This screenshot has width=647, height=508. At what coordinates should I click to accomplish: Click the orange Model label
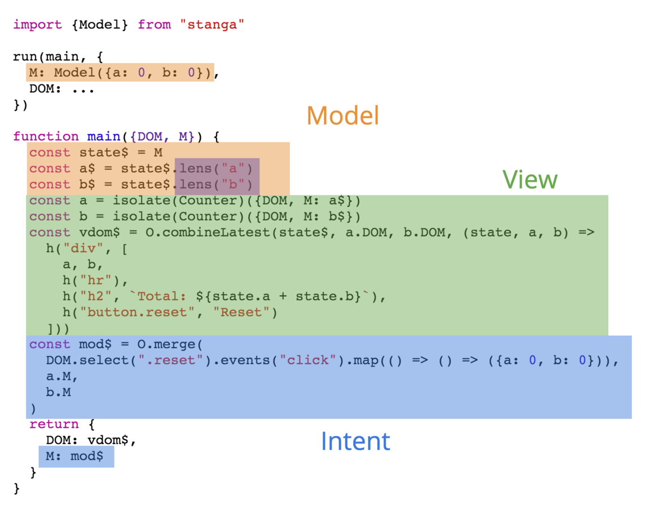pos(342,116)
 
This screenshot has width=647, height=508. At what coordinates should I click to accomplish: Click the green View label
pos(530,179)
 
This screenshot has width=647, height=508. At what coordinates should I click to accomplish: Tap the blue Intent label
pos(355,441)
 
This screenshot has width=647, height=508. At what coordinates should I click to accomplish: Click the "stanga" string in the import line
pos(212,25)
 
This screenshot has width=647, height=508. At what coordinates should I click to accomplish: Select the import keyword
pos(37,25)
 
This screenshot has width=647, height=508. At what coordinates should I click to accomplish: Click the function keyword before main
pos(46,137)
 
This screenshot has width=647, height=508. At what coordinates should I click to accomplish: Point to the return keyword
pos(54,424)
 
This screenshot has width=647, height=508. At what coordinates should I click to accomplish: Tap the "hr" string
pos(104,281)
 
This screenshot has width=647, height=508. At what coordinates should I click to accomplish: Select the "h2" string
pos(104,296)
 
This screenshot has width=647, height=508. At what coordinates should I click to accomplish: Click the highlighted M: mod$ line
pos(76,456)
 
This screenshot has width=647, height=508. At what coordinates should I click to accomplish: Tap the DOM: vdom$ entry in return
pos(91,440)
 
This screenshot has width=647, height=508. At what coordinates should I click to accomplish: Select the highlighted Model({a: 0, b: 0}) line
pos(121,73)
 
